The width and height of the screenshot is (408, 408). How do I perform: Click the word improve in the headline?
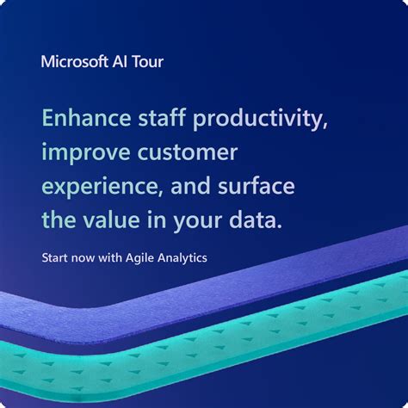click(x=83, y=154)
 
